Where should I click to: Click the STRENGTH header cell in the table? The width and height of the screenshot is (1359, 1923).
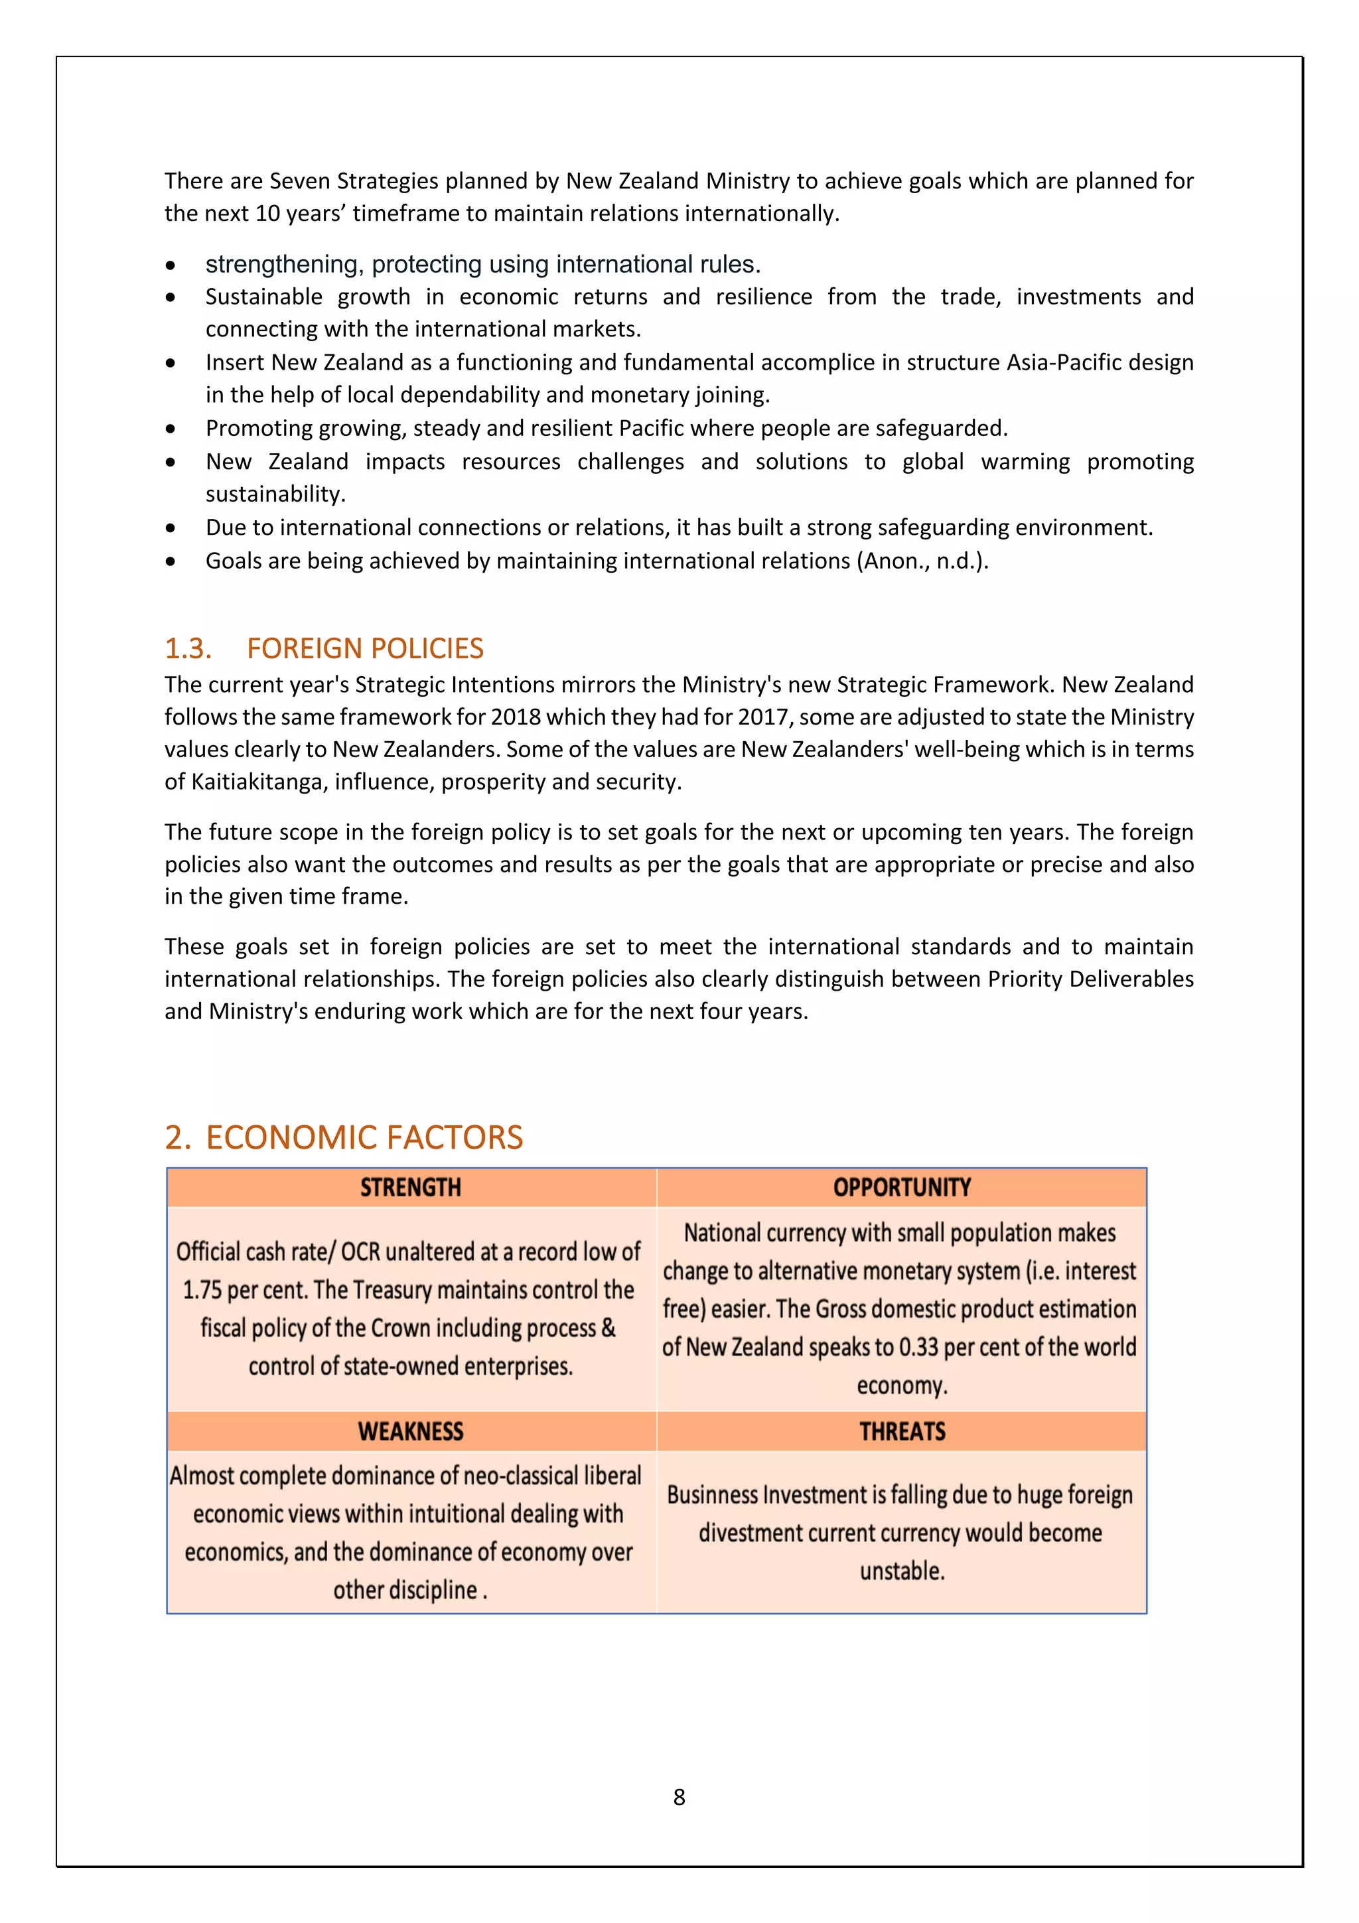410,1187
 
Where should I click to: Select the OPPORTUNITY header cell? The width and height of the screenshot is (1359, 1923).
901,1187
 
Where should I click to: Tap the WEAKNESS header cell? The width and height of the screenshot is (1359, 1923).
410,1431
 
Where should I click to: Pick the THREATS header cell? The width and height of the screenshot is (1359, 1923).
901,1431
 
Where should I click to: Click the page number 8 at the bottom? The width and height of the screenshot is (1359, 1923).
679,1796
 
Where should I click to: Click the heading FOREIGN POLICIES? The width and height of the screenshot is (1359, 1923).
365,648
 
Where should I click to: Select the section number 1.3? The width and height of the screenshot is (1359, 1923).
188,648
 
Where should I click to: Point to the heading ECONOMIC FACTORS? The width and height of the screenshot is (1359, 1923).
364,1137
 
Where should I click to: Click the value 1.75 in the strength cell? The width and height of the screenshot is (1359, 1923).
202,1290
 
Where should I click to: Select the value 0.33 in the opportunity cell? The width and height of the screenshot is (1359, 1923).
918,1347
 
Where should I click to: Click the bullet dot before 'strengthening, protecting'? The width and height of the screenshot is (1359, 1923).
171,265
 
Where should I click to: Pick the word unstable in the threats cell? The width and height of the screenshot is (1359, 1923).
901,1571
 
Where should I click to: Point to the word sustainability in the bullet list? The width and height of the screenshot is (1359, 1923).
275,494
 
